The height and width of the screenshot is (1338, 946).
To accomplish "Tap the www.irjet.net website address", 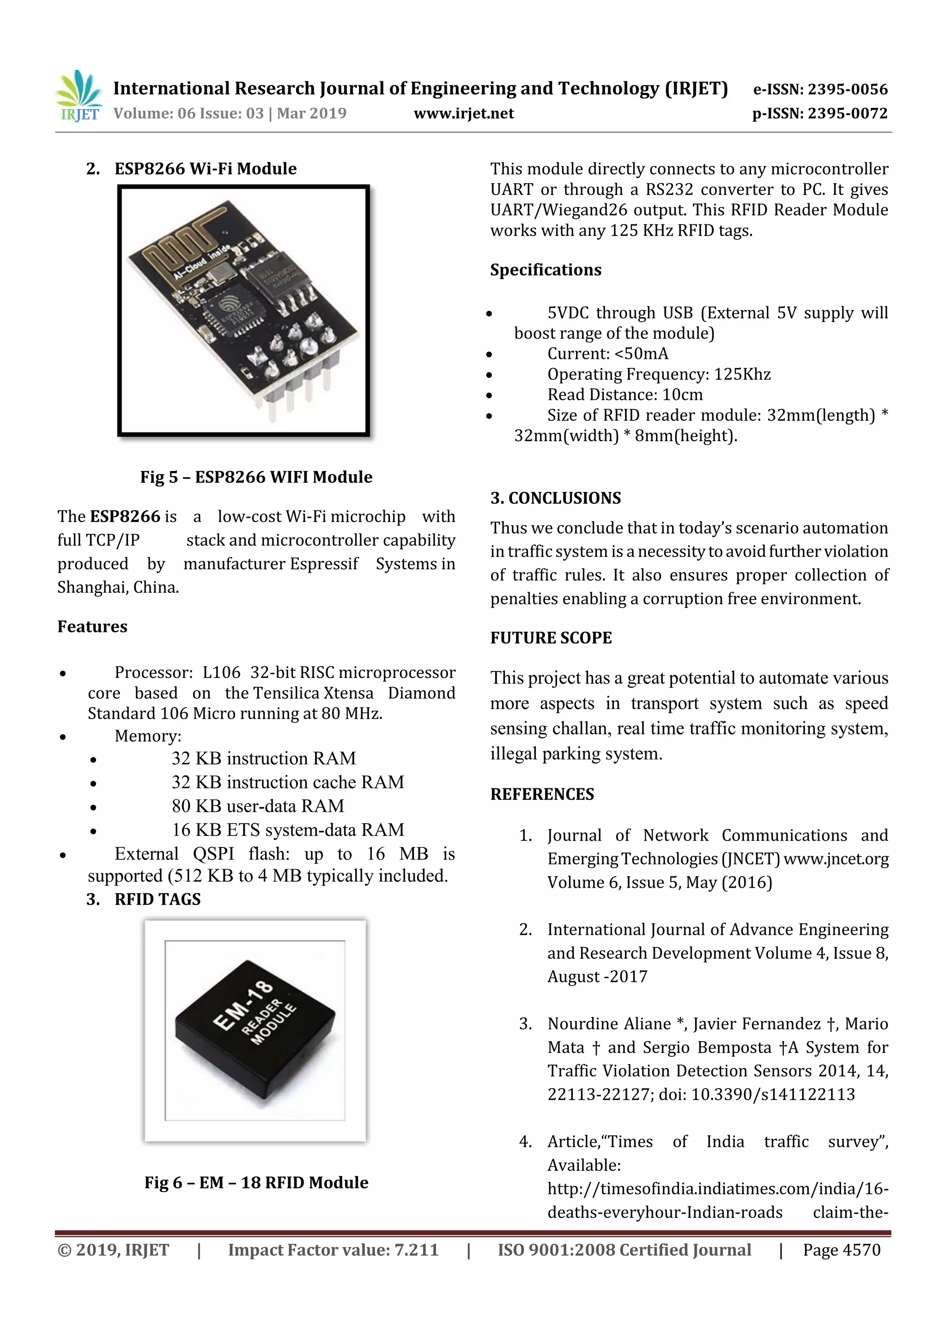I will pos(463,114).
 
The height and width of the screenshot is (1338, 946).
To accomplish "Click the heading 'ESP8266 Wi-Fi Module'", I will pos(205,169).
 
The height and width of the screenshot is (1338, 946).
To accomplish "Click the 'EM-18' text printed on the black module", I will pos(243,1004).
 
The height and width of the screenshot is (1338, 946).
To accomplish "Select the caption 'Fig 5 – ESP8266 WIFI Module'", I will pos(256,477).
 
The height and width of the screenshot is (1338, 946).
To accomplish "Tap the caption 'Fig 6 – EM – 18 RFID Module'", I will pos(256,1182).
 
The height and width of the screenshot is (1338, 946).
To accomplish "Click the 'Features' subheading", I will pos(92,627).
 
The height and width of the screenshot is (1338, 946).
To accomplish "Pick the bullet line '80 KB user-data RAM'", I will pos(258,806).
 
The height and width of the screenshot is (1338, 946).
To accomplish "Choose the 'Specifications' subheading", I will pos(545,270).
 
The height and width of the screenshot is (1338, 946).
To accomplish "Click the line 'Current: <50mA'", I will pos(607,354).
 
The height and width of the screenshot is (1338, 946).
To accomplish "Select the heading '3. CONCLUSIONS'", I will pos(556,498).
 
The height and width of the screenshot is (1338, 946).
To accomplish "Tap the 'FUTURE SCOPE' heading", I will pos(551,638).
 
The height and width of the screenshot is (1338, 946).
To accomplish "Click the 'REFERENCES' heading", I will pos(542,794).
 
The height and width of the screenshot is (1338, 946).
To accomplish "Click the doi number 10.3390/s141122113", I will pos(773,1095).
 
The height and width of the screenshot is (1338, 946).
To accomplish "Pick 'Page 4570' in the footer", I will pos(841,1250).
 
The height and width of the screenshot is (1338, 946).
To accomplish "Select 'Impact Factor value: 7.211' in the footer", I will pos(333,1250).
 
